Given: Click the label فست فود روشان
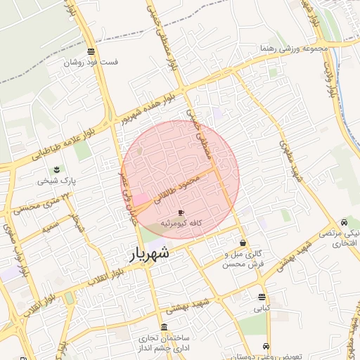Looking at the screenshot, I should click(x=91, y=62).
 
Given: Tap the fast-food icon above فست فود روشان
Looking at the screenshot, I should click(x=91, y=51).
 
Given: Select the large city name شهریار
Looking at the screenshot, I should click(x=150, y=255).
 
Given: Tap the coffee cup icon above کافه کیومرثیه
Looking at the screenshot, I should click(x=181, y=212).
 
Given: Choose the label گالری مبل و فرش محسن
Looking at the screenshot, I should click(x=242, y=258).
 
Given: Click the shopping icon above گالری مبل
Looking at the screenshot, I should click(x=243, y=243).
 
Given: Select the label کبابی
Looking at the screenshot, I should click(x=262, y=308).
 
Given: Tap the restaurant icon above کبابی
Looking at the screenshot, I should click(x=262, y=297).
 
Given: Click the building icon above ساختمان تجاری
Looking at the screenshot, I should click(x=164, y=328).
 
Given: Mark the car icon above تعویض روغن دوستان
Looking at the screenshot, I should click(x=266, y=346).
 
